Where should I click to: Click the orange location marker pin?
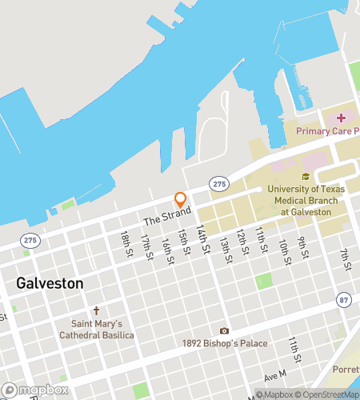181,199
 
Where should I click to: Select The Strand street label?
167,218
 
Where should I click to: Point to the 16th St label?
167,250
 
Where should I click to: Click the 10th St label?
284,250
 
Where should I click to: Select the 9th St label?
303,247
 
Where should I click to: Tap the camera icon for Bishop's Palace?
224,330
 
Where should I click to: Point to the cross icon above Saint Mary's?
96,310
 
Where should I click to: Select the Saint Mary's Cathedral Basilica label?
96,330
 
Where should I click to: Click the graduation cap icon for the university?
305,177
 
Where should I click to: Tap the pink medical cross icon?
341,118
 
